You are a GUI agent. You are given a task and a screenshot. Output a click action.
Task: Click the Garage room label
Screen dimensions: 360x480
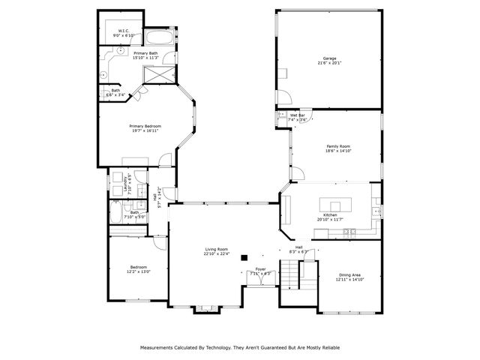tap(329, 58)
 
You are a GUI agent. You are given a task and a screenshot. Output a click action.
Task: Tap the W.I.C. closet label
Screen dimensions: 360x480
tap(124, 31)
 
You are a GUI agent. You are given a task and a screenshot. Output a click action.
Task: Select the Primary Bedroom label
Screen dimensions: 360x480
tap(145, 126)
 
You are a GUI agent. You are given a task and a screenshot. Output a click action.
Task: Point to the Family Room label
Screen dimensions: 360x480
tap(339, 146)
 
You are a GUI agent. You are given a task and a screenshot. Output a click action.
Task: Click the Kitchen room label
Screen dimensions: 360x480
tap(330, 215)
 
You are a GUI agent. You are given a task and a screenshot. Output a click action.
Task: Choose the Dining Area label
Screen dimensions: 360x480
tap(349, 275)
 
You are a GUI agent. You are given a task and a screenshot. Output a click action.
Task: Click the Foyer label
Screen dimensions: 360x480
tap(260, 268)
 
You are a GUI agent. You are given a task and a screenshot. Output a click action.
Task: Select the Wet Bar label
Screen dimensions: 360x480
tap(297, 115)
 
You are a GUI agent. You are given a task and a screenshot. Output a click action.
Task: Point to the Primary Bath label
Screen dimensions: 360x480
tap(145, 53)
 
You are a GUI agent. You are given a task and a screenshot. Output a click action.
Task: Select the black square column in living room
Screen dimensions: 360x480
tap(244, 257)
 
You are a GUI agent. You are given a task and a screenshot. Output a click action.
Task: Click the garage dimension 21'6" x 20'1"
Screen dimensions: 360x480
tap(329, 63)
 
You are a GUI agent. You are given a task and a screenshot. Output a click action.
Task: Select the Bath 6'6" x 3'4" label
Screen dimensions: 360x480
tap(115, 92)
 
